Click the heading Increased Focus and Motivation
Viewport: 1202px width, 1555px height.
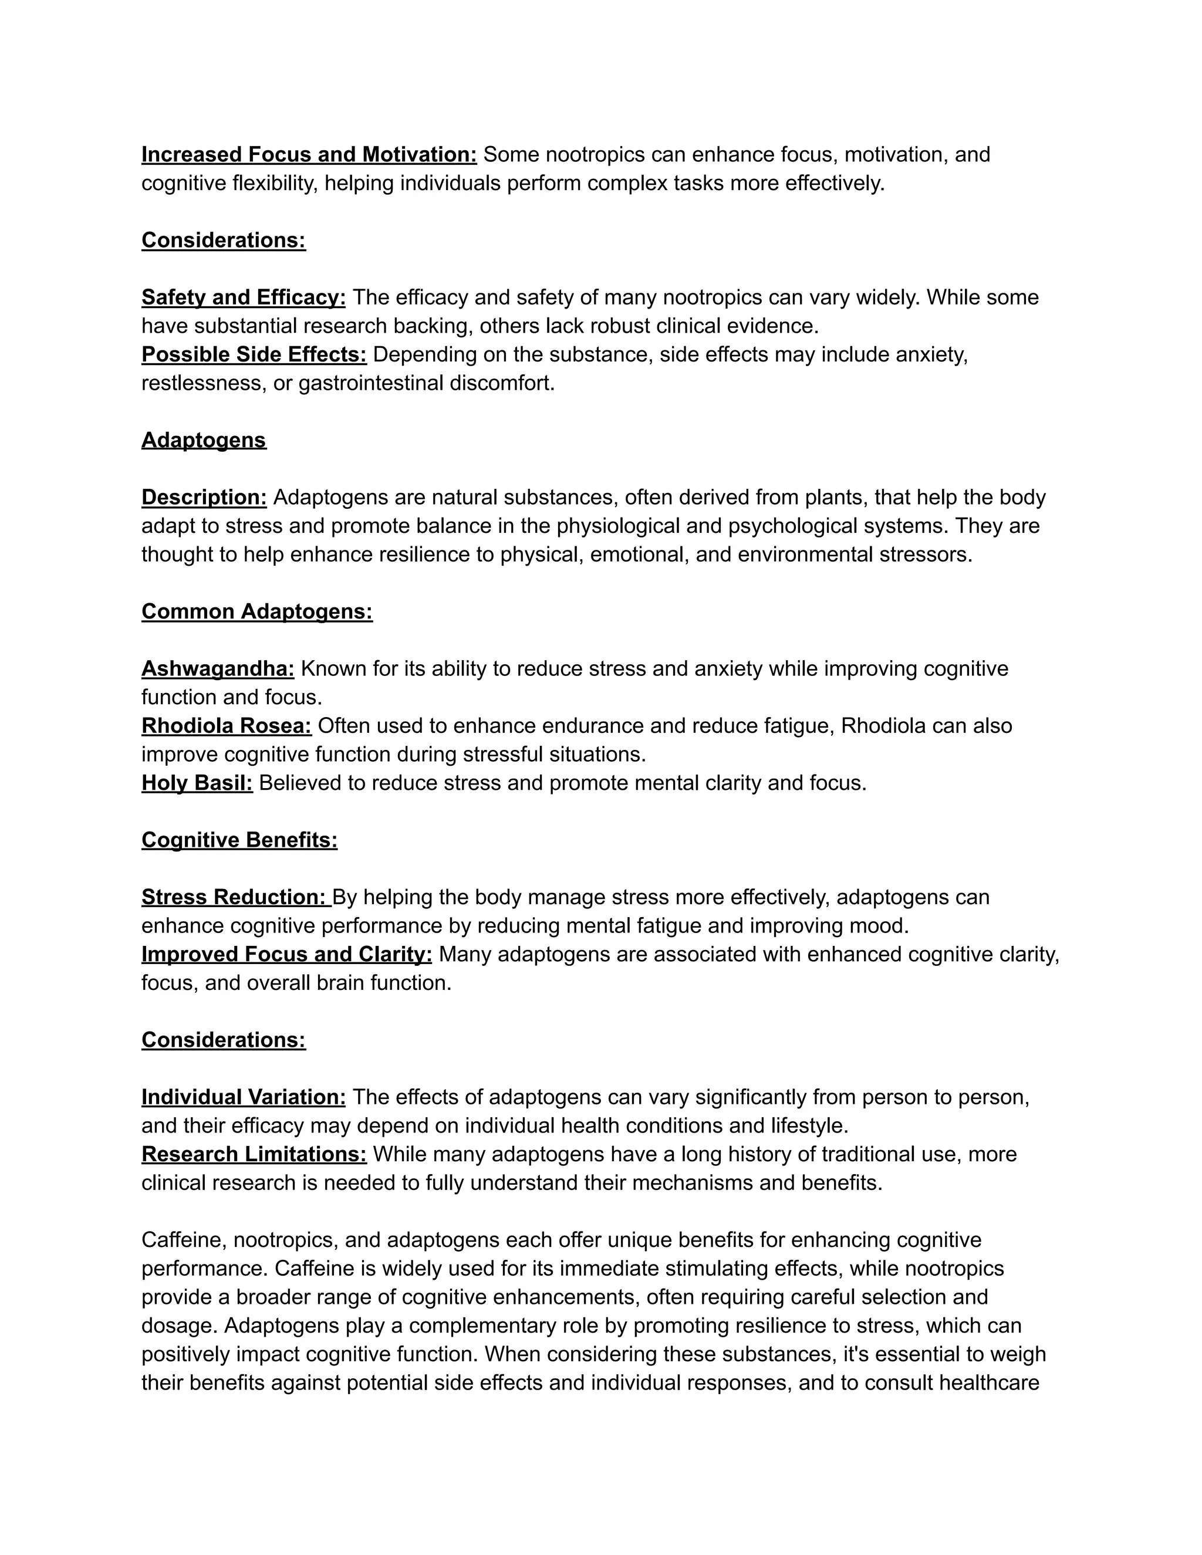(x=309, y=154)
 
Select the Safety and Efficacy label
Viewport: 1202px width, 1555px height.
(x=244, y=297)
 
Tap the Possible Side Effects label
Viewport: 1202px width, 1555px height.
(x=254, y=354)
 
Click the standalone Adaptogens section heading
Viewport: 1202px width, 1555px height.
(x=204, y=440)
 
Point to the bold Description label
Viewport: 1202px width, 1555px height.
(x=204, y=497)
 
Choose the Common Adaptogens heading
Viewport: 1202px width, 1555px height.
(x=256, y=611)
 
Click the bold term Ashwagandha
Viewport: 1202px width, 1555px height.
(x=217, y=668)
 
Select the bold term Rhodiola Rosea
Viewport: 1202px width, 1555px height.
(x=227, y=725)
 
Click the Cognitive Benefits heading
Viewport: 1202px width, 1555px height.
(x=239, y=840)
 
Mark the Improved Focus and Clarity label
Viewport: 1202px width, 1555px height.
(x=286, y=954)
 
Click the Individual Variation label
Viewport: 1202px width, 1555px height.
(x=244, y=1097)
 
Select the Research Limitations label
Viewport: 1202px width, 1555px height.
(x=254, y=1154)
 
